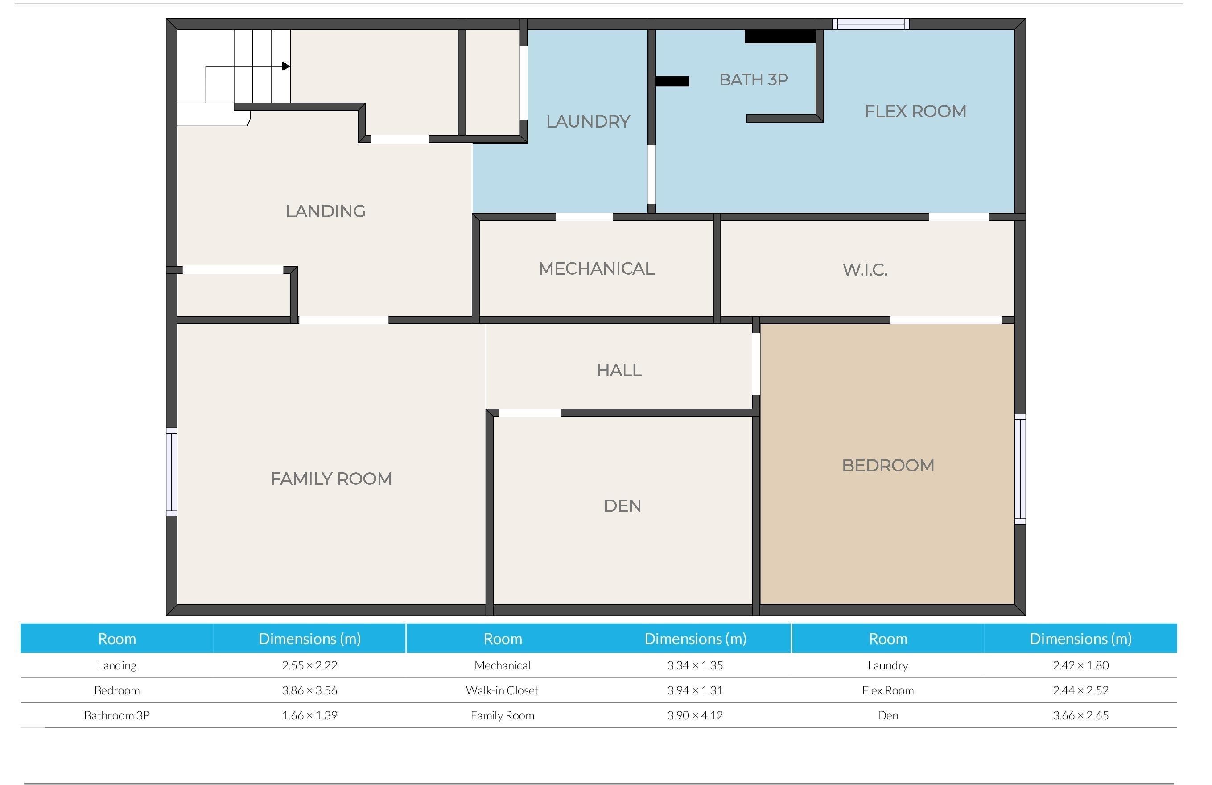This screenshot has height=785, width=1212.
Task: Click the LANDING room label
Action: coord(326,211)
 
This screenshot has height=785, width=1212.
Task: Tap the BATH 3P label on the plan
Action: coord(753,79)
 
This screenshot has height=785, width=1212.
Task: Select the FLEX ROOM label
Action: coord(915,111)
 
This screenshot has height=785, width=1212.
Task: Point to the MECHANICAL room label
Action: coord(596,269)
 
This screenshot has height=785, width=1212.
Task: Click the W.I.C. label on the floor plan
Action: coord(865,269)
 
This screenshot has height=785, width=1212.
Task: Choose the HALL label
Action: coord(619,370)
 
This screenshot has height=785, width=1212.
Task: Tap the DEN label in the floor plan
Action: coord(622,506)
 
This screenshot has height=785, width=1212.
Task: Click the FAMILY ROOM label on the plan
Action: coord(331,479)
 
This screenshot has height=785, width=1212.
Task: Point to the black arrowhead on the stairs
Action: coord(286,66)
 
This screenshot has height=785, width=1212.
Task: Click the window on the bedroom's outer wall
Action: coord(1020,469)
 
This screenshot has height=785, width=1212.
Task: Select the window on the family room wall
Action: coord(172,472)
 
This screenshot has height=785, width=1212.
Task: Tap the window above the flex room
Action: coord(871,24)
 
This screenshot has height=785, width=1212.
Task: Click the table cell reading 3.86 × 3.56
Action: coord(309,690)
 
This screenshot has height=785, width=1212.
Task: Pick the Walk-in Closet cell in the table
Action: coord(502,690)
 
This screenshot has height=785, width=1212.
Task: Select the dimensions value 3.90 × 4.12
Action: coord(695,715)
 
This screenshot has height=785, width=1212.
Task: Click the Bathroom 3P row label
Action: coord(117,715)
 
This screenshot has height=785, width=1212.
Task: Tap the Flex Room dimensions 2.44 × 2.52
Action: coord(1080,690)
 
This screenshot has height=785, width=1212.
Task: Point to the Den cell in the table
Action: coord(888,715)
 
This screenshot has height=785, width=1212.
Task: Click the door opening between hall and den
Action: coord(530,413)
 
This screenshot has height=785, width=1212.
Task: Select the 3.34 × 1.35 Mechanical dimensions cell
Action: coord(695,665)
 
